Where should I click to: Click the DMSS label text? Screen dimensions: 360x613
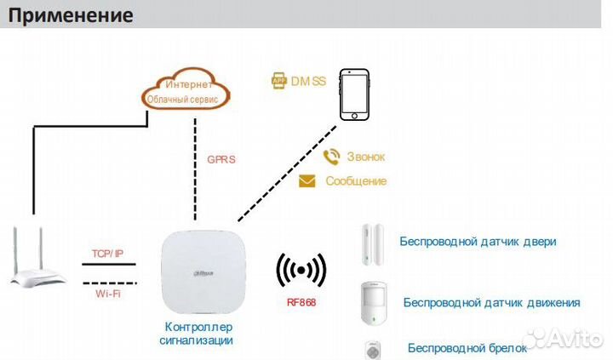308,81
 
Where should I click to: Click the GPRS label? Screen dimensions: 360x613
221,159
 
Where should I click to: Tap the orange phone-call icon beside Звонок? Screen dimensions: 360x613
332,157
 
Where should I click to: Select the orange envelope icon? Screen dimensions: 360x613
307,181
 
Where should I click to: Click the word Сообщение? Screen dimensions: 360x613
356,181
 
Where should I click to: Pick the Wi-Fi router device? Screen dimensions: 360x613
38,259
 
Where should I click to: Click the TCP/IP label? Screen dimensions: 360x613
107,254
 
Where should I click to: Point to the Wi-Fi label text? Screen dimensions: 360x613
107,294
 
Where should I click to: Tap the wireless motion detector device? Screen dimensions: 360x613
370,303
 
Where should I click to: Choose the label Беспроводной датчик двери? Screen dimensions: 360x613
478,242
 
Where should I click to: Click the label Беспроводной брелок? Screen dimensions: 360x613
465,347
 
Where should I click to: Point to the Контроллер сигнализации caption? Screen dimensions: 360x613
197,334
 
